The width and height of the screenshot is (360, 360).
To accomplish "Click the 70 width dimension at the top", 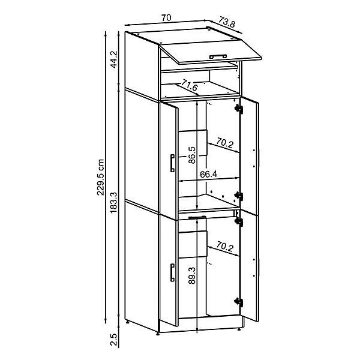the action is click(x=166, y=18).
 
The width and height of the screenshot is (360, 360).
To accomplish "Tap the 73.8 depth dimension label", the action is click(x=227, y=22).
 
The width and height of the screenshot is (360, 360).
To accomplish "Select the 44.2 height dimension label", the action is click(x=113, y=59).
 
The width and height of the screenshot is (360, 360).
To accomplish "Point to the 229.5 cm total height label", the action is click(x=100, y=177).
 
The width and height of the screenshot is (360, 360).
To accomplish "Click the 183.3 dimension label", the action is click(x=113, y=203).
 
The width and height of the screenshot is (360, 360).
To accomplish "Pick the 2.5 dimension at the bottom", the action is click(x=113, y=340).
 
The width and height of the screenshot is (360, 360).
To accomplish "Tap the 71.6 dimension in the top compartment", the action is click(x=189, y=85).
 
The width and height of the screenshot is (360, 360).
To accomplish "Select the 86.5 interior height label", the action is click(x=192, y=155).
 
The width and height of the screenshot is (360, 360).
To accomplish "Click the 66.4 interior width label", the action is click(x=208, y=175).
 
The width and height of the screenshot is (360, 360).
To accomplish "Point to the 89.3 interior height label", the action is click(x=192, y=275).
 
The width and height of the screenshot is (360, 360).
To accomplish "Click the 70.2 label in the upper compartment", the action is click(x=224, y=143).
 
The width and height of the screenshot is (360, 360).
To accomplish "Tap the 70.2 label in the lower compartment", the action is click(x=224, y=247).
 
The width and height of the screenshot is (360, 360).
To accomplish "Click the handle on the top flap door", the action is click(x=218, y=56).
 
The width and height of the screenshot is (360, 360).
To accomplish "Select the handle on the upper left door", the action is click(x=172, y=163).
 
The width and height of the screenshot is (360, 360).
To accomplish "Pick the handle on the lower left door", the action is click(x=172, y=272).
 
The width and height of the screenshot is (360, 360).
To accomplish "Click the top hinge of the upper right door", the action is click(x=239, y=109).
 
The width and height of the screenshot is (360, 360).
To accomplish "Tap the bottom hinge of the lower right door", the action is click(x=239, y=302).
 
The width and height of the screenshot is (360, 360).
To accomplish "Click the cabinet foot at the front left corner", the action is click(x=158, y=334).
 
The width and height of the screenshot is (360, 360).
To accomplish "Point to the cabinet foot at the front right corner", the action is click(x=239, y=329).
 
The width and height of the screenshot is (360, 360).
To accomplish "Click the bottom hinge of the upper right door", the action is click(x=239, y=196).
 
